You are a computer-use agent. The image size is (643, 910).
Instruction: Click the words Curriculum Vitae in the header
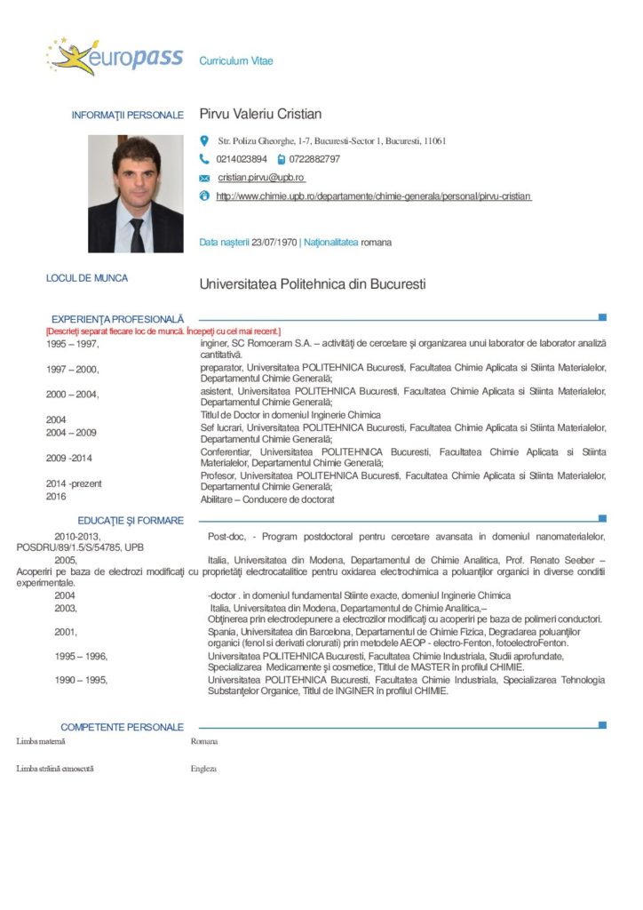click(236, 61)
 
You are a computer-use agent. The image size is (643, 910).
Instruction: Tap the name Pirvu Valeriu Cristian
click(260, 115)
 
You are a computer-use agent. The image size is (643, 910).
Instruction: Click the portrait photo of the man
click(135, 194)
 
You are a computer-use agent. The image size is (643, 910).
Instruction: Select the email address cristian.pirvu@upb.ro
click(261, 178)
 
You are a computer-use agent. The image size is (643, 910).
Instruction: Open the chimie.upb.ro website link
click(374, 196)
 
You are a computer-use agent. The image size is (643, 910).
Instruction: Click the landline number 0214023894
click(242, 159)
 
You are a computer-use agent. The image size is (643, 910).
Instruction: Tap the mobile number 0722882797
click(314, 159)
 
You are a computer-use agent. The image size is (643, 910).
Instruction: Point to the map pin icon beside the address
click(204, 140)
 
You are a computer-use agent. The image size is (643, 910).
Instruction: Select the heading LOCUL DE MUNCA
click(87, 278)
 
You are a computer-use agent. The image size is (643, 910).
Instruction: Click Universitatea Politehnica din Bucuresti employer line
click(313, 285)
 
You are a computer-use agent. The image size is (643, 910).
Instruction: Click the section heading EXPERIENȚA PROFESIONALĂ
click(117, 318)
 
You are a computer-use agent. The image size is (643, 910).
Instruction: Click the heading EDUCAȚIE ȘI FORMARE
click(131, 520)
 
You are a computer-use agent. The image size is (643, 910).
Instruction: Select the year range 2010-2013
click(78, 537)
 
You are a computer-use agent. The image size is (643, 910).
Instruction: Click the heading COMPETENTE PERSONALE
click(123, 727)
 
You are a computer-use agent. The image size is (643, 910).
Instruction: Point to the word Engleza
click(203, 769)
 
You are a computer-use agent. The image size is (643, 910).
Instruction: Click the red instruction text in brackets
click(157, 331)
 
